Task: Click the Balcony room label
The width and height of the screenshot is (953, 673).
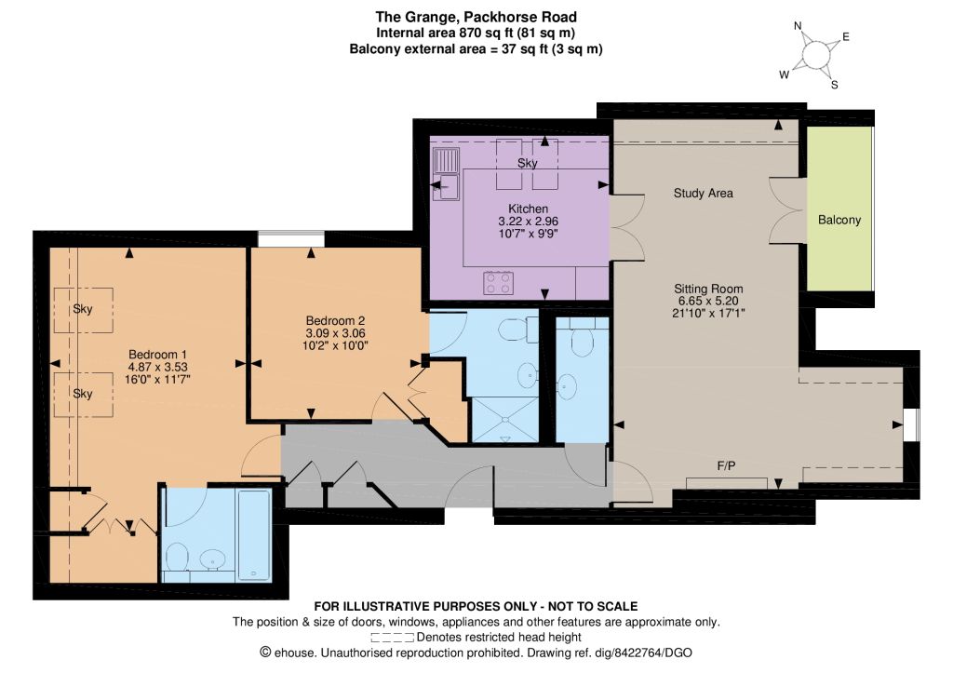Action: point(839,220)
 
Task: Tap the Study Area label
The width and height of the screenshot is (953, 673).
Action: point(704,194)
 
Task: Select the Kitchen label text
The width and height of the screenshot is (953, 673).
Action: point(529,209)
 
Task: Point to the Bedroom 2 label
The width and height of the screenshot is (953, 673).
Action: point(335,320)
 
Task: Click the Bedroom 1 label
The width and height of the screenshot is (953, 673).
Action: point(157,355)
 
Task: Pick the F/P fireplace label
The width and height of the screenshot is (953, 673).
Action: point(726,466)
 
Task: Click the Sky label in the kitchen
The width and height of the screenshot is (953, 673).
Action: point(528,163)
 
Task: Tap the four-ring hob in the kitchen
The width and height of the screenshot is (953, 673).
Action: point(499,283)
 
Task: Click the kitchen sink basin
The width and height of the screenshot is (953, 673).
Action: point(446,187)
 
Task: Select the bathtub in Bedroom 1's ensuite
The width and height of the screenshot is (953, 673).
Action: point(255,535)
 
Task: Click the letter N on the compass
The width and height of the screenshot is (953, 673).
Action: point(798,25)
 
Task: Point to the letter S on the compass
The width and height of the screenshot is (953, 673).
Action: point(835,85)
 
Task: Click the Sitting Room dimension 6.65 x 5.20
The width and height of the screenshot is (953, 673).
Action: point(708,301)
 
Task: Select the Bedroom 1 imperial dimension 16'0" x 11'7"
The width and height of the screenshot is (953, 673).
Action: point(157,380)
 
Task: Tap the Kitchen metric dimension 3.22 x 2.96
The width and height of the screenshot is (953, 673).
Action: point(529,222)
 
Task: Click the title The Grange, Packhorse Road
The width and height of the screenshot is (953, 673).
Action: point(476,17)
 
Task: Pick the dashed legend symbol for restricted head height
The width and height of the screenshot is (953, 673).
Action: point(393,638)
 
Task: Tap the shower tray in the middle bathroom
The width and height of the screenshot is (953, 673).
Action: point(505,420)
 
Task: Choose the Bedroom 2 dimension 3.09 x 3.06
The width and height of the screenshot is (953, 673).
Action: point(335,333)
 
